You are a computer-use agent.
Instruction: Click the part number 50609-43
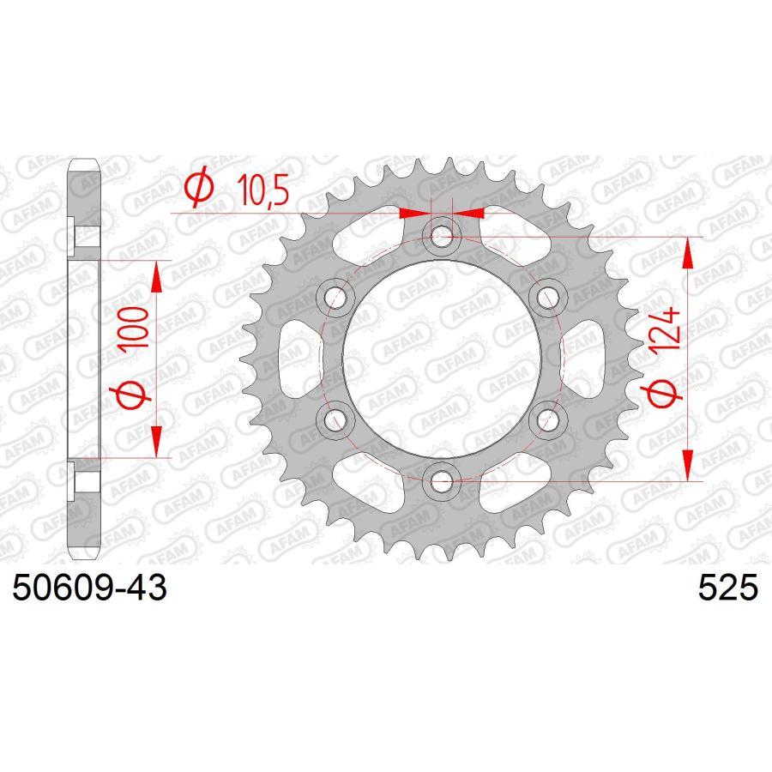pyautogui.click(x=88, y=591)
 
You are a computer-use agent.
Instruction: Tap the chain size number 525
pyautogui.click(x=728, y=591)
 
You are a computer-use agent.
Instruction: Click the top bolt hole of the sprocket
pyautogui.click(x=442, y=235)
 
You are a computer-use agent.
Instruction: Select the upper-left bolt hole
pyautogui.click(x=335, y=297)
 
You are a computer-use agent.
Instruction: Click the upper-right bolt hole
pyautogui.click(x=548, y=297)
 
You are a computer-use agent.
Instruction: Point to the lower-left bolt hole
pyautogui.click(x=335, y=419)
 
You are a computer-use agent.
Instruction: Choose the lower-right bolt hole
pyautogui.click(x=548, y=419)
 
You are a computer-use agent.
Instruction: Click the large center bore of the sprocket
pyautogui.click(x=442, y=359)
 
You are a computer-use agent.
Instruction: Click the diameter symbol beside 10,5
pyautogui.click(x=197, y=190)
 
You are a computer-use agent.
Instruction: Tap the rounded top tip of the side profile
pyautogui.click(x=85, y=164)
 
